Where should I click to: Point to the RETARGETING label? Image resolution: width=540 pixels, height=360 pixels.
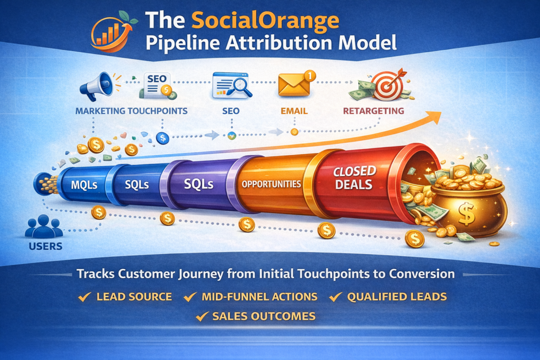(x=373, y=111)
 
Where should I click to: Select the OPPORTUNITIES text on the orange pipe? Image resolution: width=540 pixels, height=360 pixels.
(x=271, y=184)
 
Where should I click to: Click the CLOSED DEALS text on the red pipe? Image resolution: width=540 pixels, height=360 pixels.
(x=354, y=178)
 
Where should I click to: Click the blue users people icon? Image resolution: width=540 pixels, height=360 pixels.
(x=44, y=227)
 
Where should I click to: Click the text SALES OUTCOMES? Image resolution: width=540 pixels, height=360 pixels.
(x=264, y=316)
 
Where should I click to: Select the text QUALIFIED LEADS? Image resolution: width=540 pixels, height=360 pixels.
(x=397, y=297)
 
